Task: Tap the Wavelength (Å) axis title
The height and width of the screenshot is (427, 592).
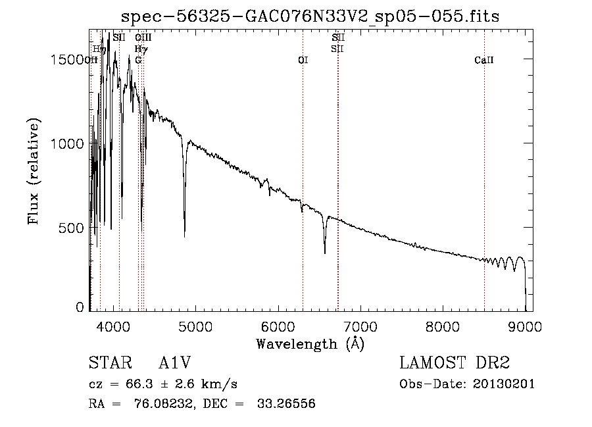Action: click(x=310, y=343)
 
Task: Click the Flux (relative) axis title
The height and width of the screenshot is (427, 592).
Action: click(x=34, y=171)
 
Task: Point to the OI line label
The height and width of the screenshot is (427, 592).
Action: click(x=303, y=60)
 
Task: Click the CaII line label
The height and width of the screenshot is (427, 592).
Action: click(x=484, y=60)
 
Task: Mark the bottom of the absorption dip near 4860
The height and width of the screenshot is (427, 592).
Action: click(x=184, y=235)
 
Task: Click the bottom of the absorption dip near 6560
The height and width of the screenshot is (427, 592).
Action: click(x=324, y=252)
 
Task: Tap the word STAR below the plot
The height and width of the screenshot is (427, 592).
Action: click(x=107, y=363)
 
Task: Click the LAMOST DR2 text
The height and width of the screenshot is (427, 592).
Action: click(x=455, y=363)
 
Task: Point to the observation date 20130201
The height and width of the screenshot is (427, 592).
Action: click(x=503, y=384)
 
